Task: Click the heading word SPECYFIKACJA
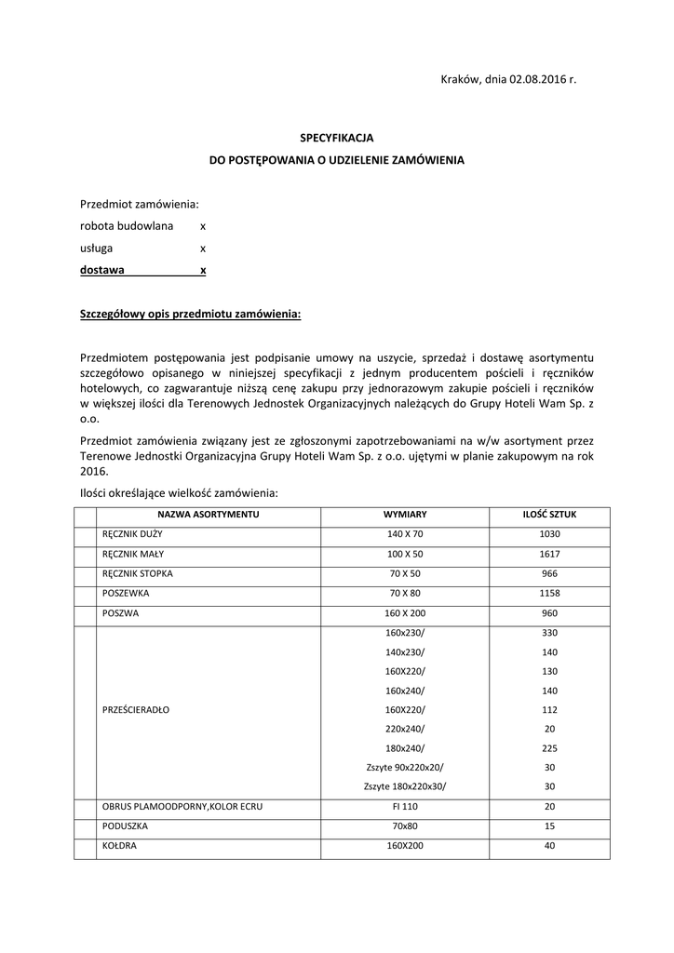pyautogui.click(x=336, y=137)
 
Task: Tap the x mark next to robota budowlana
pyautogui.click(x=203, y=226)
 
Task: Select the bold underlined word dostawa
pyautogui.click(x=103, y=271)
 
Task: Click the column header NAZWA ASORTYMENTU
pyautogui.click(x=208, y=515)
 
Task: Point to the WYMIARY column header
pyautogui.click(x=405, y=515)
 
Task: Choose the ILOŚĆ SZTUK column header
pyautogui.click(x=549, y=515)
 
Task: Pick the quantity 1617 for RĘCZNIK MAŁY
pyautogui.click(x=549, y=554)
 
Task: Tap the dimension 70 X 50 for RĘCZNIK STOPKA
pyautogui.click(x=405, y=573)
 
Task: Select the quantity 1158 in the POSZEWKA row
pyautogui.click(x=549, y=593)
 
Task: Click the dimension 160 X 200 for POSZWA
pyautogui.click(x=405, y=613)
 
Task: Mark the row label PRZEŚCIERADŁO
pyautogui.click(x=136, y=709)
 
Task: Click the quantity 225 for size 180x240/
pyautogui.click(x=549, y=748)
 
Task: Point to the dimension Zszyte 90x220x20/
pyautogui.click(x=405, y=767)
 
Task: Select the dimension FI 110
pyautogui.click(x=405, y=806)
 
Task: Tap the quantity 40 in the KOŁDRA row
pyautogui.click(x=549, y=845)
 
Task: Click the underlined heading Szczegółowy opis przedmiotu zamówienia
pyautogui.click(x=191, y=315)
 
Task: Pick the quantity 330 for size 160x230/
pyautogui.click(x=549, y=633)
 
